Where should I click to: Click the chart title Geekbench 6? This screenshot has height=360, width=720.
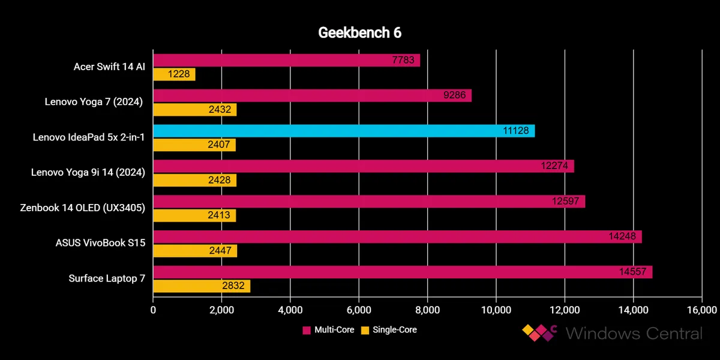pos(359,33)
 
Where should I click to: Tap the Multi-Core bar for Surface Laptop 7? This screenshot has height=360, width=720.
pos(402,272)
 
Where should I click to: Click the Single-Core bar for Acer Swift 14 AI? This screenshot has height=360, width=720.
pos(174,74)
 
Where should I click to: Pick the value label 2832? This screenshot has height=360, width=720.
pos(233,286)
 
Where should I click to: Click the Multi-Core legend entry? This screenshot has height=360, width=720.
pos(328,329)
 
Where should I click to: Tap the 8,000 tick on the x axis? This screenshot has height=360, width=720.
pos(427,310)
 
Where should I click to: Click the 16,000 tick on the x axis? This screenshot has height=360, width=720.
pos(701,310)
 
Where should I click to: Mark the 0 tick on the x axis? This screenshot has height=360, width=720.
pos(153,310)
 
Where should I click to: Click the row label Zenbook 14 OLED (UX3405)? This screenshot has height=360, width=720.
pos(86,208)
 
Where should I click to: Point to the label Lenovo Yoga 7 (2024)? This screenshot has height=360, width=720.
pos(94,102)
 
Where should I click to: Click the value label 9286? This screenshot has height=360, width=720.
pos(456,95)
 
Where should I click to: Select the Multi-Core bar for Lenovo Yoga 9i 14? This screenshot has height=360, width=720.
pos(363,166)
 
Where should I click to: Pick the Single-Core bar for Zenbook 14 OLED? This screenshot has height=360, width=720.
pos(194,215)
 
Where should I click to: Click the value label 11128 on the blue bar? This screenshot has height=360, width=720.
pos(515,131)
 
